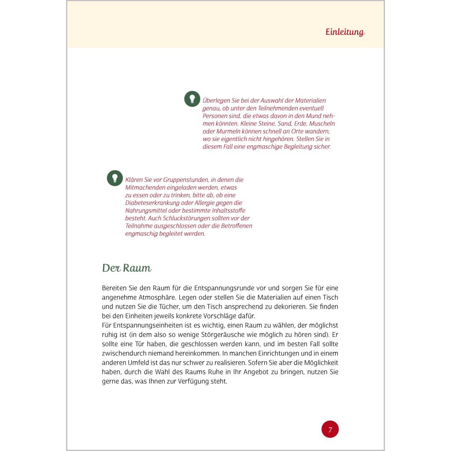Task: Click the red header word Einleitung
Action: coord(345,32)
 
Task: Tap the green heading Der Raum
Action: coord(126,268)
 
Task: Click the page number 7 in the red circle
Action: coord(330,429)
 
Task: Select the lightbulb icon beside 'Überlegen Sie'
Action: coord(192,99)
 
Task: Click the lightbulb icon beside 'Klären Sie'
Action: coord(115,178)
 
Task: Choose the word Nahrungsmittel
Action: coord(146,211)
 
